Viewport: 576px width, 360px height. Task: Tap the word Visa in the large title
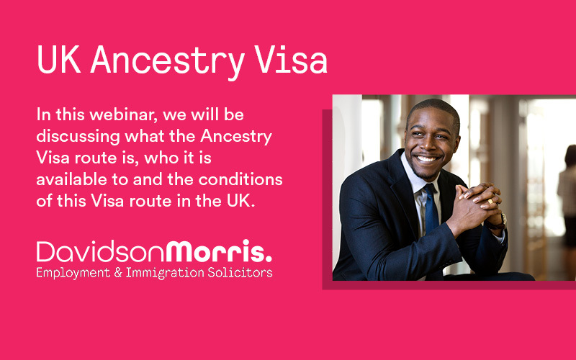click(291, 59)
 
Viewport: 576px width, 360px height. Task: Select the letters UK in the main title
click(59, 60)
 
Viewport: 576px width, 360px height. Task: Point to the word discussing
click(78, 137)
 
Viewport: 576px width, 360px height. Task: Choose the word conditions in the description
click(240, 179)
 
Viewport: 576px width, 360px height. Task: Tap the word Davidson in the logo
click(101, 251)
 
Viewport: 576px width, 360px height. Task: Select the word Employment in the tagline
click(73, 274)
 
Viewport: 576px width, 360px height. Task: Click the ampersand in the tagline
click(118, 273)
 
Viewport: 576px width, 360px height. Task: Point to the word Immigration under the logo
click(165, 274)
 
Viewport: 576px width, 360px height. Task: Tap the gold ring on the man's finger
click(490, 201)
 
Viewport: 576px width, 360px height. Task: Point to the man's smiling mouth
click(427, 158)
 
